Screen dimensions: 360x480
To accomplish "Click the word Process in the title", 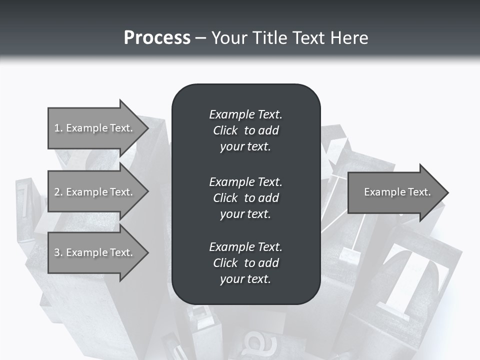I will point(157,38).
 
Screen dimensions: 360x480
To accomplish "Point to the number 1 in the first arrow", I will point(57,128).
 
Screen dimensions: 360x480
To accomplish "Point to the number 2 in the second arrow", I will point(57,192).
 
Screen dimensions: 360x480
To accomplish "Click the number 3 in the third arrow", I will point(57,252).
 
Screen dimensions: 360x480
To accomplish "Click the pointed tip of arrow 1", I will point(146,128).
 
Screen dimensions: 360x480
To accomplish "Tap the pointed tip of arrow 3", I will point(146,252).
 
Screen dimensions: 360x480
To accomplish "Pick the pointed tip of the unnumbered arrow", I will point(446,192).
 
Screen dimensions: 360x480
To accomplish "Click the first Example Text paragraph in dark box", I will point(245,130).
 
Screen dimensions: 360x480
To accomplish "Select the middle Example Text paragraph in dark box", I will point(245,198).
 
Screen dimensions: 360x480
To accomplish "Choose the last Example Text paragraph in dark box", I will point(245,263).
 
